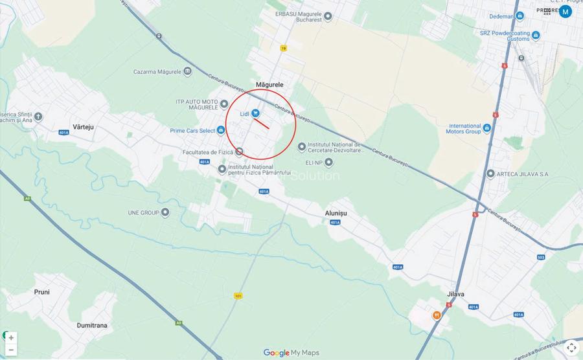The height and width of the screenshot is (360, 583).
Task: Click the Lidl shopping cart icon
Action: [x=256, y=113]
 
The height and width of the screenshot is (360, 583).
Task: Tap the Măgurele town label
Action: [x=269, y=85]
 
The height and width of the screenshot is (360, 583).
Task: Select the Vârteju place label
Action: [x=83, y=127]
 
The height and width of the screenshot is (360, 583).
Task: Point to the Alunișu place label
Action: [x=336, y=213]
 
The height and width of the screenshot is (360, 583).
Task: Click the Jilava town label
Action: [x=455, y=294]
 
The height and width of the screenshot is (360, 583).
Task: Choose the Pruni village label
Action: [x=41, y=292]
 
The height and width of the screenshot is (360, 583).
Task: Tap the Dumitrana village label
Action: [x=92, y=325]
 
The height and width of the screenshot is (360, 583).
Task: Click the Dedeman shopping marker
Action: [x=520, y=16]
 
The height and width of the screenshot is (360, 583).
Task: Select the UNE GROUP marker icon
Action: [x=165, y=212]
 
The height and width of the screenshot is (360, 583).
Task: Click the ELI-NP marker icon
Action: [x=328, y=162]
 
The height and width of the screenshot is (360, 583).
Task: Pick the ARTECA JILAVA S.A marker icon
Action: [x=490, y=174]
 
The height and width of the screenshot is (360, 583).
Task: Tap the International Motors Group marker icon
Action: [x=487, y=128]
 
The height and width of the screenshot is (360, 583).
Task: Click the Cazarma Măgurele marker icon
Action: [x=187, y=71]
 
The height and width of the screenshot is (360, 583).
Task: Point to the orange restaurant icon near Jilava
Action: [x=437, y=315]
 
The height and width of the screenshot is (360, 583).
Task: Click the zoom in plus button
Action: [x=11, y=338]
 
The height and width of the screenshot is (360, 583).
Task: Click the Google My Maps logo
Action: [x=291, y=353]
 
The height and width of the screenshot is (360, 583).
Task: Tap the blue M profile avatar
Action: [x=566, y=11]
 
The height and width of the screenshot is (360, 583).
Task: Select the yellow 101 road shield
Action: [x=238, y=295]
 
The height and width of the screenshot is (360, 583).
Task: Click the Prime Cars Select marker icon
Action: [x=221, y=130]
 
